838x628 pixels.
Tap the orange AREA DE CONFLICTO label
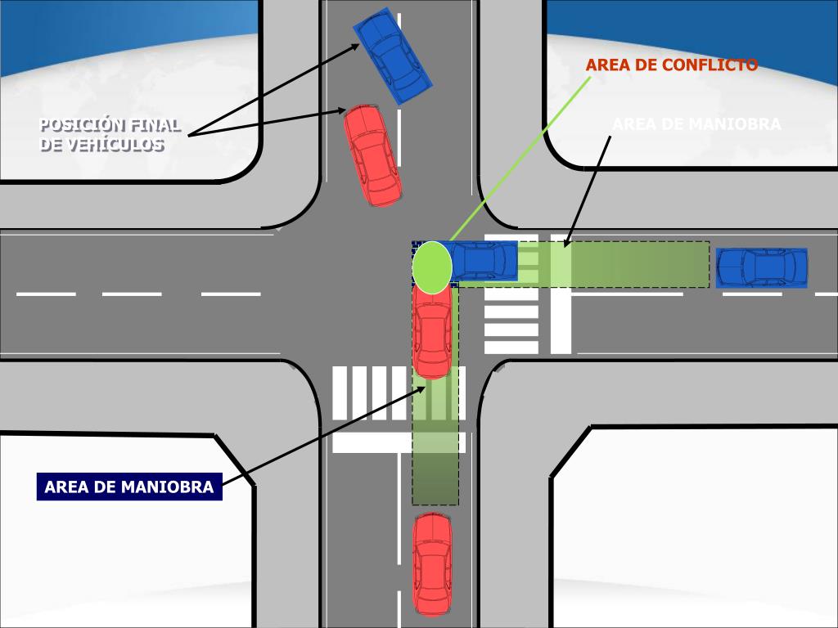point(671,65)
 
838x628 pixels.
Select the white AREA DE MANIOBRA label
point(696,125)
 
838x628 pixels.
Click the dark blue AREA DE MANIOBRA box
point(129,487)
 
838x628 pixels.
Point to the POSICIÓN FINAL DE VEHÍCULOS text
point(110,135)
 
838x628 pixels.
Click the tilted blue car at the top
point(392,56)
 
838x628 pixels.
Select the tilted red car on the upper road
point(372,155)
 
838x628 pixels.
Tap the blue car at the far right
point(762,267)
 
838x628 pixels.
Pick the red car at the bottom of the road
point(432,563)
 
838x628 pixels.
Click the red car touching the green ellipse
point(432,331)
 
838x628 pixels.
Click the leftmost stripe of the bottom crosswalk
point(340,393)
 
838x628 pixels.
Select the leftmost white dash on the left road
point(46,294)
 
